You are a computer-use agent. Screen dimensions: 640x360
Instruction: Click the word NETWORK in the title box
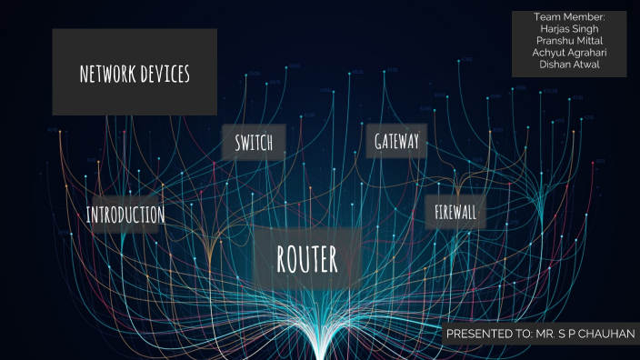(x=107, y=75)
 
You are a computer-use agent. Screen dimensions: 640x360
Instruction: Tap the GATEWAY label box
(x=396, y=141)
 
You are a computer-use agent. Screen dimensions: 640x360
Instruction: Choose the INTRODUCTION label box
(x=125, y=215)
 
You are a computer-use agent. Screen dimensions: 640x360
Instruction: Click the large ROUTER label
(x=307, y=259)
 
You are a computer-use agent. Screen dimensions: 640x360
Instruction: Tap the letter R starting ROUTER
(x=282, y=259)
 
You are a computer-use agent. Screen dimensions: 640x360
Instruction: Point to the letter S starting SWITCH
(x=237, y=143)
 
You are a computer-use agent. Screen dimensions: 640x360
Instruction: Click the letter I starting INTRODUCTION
(x=88, y=215)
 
